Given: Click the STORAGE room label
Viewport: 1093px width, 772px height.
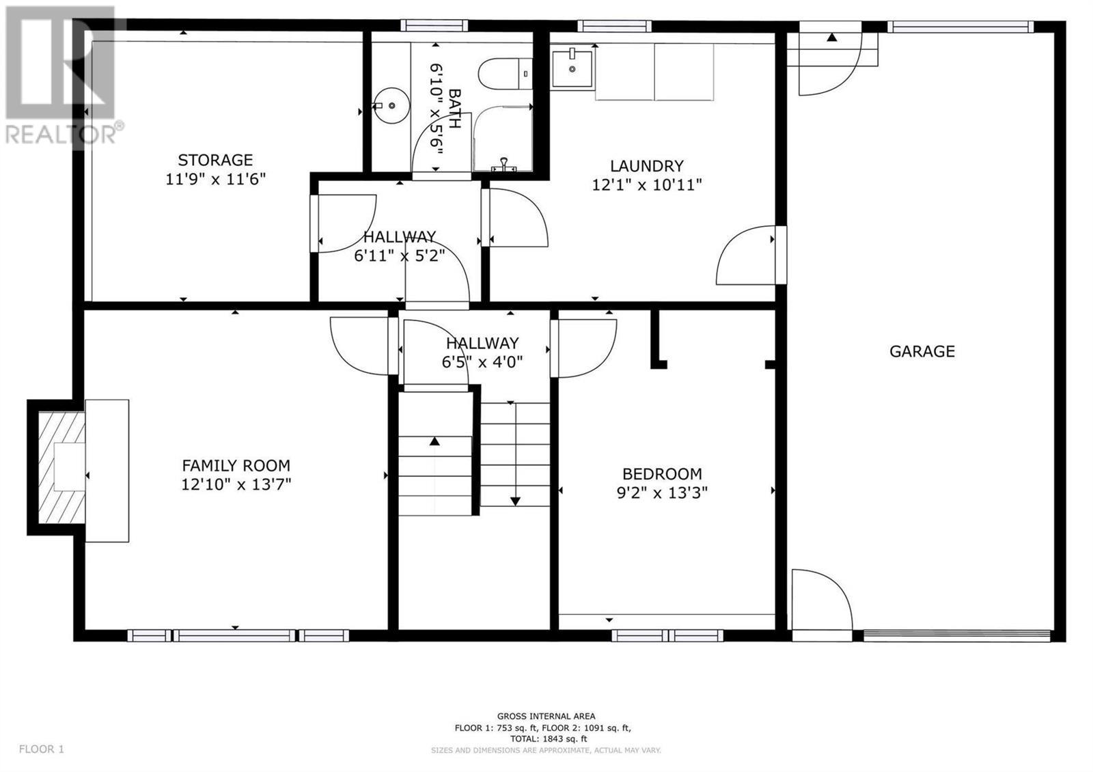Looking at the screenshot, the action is click(x=215, y=160).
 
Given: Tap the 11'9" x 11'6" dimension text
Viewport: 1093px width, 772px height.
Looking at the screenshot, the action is click(x=215, y=179).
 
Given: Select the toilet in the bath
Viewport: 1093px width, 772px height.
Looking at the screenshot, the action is click(x=505, y=74).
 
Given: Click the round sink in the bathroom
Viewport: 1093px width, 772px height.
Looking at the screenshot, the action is click(x=391, y=105).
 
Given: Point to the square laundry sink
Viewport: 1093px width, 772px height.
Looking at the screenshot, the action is click(x=572, y=68).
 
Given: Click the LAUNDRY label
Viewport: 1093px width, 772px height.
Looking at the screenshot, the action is click(x=646, y=166).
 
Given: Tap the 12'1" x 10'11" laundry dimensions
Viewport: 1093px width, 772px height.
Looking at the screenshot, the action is click(x=646, y=185).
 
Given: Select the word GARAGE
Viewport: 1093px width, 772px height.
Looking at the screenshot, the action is click(x=922, y=351).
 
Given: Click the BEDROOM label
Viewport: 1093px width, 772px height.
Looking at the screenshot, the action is click(x=662, y=474).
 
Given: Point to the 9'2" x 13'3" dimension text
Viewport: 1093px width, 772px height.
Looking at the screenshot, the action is click(x=662, y=493).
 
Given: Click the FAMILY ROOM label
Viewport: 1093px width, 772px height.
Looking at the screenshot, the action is click(x=236, y=465).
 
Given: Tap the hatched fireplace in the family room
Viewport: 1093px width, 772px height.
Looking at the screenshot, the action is click(x=61, y=467).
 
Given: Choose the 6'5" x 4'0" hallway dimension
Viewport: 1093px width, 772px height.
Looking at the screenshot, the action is click(x=482, y=362).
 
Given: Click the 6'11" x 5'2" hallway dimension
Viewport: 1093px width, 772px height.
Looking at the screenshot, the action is click(x=399, y=256).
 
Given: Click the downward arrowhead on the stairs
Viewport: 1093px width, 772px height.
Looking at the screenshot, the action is click(x=515, y=501).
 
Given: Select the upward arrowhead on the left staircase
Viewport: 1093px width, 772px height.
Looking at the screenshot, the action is click(x=434, y=441).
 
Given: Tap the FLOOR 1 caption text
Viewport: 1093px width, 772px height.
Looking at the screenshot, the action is click(x=42, y=749).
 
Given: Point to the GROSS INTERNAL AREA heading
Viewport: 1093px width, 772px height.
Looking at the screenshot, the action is click(x=546, y=717).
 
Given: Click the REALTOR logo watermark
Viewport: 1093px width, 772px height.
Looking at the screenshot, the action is click(x=61, y=76).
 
